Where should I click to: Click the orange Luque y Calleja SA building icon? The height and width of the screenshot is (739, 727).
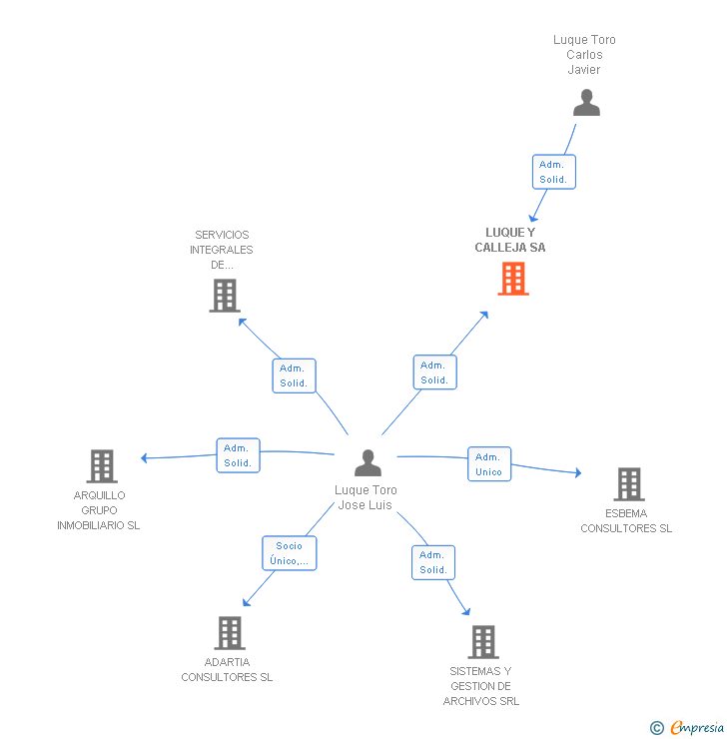(x=513, y=279)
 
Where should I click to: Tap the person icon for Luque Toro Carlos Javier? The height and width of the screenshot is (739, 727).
(x=586, y=103)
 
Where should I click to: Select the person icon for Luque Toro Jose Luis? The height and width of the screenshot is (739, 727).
(x=367, y=463)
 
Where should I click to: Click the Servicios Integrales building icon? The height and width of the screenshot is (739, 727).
(x=225, y=295)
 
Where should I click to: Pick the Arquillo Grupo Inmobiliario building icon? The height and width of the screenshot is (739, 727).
(x=101, y=466)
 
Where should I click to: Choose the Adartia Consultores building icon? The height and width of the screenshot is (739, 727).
(x=230, y=633)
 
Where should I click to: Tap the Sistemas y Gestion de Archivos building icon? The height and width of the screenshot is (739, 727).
(x=482, y=642)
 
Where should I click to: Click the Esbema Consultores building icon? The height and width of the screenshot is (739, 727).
(x=628, y=484)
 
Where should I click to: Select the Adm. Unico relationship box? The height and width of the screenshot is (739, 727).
(x=489, y=464)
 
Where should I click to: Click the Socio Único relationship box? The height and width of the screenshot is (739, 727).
(x=290, y=553)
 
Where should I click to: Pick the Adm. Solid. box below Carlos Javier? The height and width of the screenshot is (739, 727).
(x=553, y=172)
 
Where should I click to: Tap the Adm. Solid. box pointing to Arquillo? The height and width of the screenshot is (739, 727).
(x=238, y=455)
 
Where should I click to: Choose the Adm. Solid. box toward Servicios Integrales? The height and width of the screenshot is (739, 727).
(x=294, y=375)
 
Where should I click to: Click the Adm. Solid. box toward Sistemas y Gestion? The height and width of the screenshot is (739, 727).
(x=432, y=562)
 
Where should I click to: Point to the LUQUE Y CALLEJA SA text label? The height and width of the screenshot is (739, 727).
(x=510, y=240)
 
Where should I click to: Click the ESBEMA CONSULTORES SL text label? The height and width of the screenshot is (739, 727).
(x=626, y=521)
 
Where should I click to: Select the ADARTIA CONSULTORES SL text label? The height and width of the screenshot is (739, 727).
(x=227, y=670)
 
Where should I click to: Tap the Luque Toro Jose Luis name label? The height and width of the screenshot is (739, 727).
(x=365, y=497)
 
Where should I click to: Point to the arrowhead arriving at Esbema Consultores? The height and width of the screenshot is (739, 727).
(x=577, y=473)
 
